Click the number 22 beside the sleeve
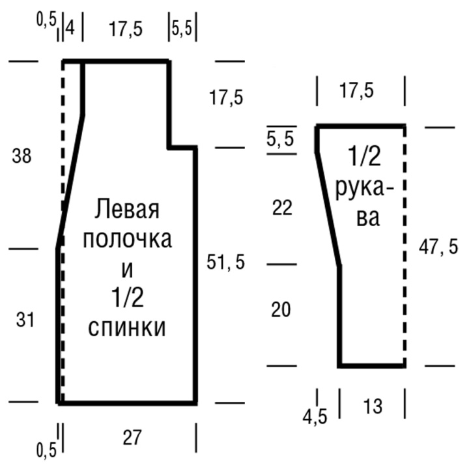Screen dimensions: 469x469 [x=283, y=208]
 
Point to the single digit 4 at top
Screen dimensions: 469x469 [x=70, y=29]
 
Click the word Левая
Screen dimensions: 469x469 [x=127, y=210]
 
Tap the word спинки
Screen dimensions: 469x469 [x=127, y=328]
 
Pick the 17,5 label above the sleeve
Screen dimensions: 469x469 [x=356, y=91]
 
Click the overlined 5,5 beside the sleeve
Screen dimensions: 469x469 [x=281, y=138]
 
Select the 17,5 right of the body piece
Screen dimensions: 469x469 [x=226, y=98]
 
